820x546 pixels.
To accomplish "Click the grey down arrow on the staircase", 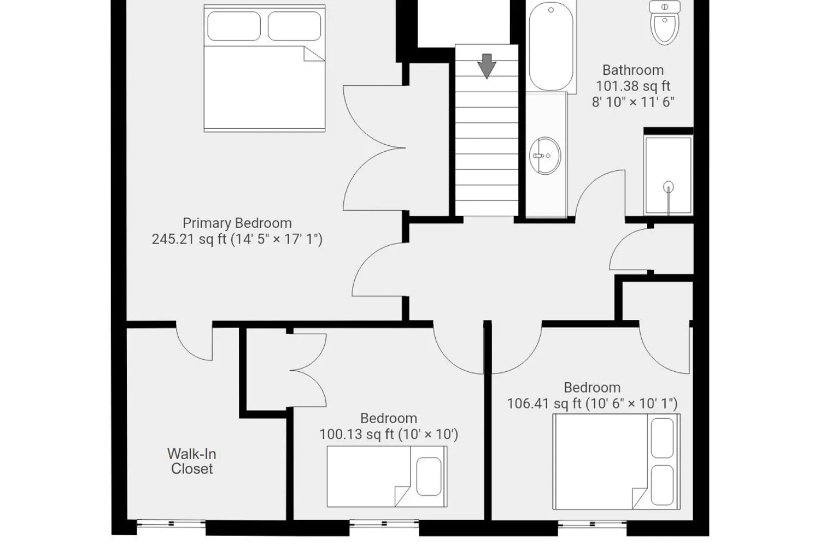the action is point(487,66).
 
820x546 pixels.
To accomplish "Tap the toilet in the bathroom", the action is point(665,23).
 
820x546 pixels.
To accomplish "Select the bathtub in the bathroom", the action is point(551,46).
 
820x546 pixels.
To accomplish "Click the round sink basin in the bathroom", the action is point(545,156).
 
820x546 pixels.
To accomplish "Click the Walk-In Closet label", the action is point(192,461).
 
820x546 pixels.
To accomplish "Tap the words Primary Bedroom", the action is point(237,223).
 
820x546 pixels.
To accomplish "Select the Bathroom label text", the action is point(633,70).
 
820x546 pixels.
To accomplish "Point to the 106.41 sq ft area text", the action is point(544,403).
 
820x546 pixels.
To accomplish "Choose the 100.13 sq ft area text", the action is point(357,434).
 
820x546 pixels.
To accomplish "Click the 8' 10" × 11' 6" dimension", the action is point(633,102).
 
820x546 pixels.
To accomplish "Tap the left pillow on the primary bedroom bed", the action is point(234,26).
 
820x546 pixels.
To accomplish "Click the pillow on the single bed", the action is point(429,477).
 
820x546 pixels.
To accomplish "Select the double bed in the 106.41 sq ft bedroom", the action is point(617,461).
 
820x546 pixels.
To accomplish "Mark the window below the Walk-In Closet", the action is point(171,524).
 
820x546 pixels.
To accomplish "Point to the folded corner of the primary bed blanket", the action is point(314,54).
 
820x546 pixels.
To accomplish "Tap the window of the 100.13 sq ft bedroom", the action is point(384,524).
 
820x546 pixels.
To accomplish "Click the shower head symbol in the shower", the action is point(669,187).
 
